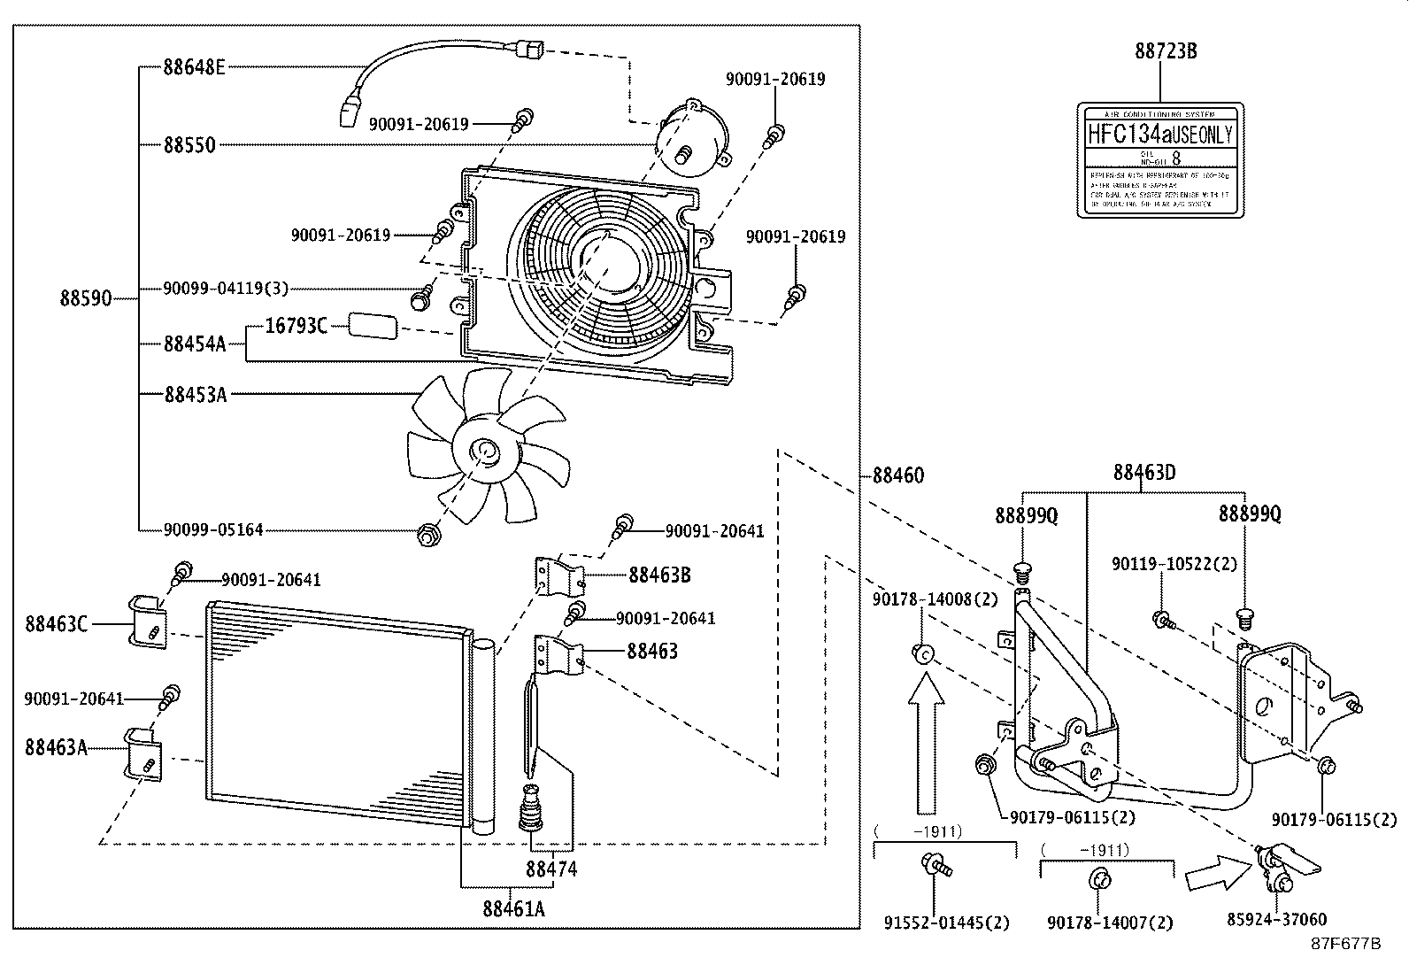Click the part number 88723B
click(x=1166, y=51)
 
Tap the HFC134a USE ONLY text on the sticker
click(x=1159, y=135)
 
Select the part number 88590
click(x=86, y=298)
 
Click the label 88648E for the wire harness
click(x=194, y=66)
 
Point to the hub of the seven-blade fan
click(x=484, y=452)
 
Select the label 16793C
click(x=296, y=326)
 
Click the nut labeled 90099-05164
click(x=428, y=534)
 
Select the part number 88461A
click(x=513, y=908)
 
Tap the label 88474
click(x=551, y=869)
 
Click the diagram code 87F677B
click(x=1345, y=943)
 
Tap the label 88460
click(x=897, y=475)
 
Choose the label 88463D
click(x=1143, y=472)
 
